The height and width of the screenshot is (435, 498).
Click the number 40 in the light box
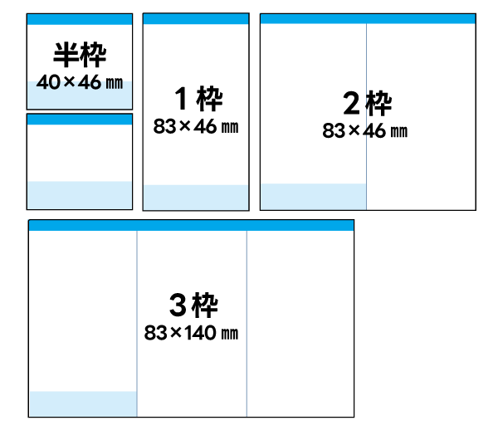coord(48,84)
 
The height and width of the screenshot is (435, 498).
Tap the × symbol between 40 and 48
coord(69,84)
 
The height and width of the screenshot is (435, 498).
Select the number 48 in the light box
coord(90,84)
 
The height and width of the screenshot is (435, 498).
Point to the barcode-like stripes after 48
coord(114,84)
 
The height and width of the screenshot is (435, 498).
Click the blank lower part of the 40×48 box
coord(80,100)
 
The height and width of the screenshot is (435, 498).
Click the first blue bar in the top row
coord(80,19)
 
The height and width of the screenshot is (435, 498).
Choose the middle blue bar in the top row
coord(196,19)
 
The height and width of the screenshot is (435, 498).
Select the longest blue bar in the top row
coord(368,19)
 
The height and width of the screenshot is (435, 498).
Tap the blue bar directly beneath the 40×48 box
coord(80,120)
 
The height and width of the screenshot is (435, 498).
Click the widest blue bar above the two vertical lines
coord(191,225)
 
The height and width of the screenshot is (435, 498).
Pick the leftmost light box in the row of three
coord(80,195)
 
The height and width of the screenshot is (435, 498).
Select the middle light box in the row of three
coord(196,197)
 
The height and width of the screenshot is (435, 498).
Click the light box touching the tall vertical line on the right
coord(313,197)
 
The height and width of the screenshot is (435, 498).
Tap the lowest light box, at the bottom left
coord(83,403)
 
